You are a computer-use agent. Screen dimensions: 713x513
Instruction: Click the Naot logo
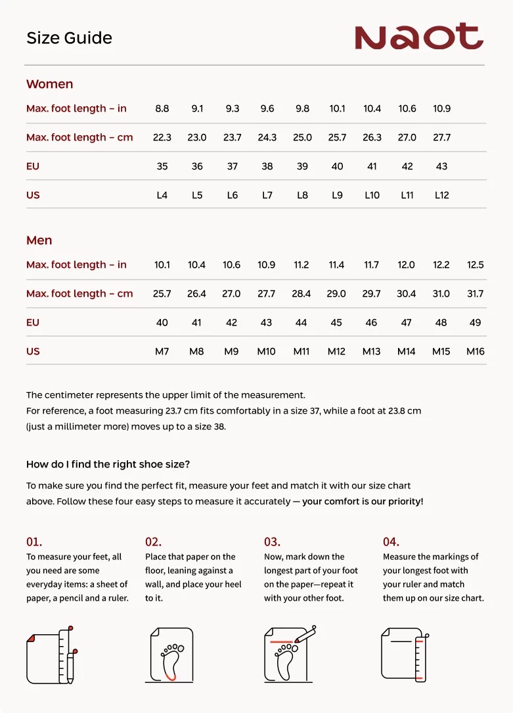[x=418, y=37]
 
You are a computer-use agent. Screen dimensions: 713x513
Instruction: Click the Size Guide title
[x=69, y=38]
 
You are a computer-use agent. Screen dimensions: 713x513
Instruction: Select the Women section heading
[x=49, y=84]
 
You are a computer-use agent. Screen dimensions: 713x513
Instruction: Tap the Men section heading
[x=39, y=240]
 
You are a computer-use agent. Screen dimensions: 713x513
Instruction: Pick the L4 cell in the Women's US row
[x=162, y=195]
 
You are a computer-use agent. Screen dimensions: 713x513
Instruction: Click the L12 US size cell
[x=442, y=195]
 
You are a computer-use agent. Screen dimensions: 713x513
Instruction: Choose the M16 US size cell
[x=476, y=351]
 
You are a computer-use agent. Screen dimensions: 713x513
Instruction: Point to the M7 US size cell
[x=162, y=351]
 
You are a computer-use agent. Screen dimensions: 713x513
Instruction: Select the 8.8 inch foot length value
[x=162, y=108]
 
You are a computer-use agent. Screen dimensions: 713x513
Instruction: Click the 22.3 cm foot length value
[x=162, y=137]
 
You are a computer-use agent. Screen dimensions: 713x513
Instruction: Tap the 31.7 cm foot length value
[x=476, y=293]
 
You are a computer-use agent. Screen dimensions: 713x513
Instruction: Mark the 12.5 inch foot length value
[x=476, y=265]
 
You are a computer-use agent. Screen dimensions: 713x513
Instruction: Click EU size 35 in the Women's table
[x=162, y=166]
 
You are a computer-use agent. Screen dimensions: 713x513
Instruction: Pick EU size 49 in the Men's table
[x=476, y=322]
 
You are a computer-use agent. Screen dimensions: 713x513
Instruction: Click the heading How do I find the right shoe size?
[x=108, y=464]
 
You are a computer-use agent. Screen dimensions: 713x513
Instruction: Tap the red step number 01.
[x=34, y=542]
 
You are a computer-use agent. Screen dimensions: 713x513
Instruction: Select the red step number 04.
[x=391, y=542]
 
